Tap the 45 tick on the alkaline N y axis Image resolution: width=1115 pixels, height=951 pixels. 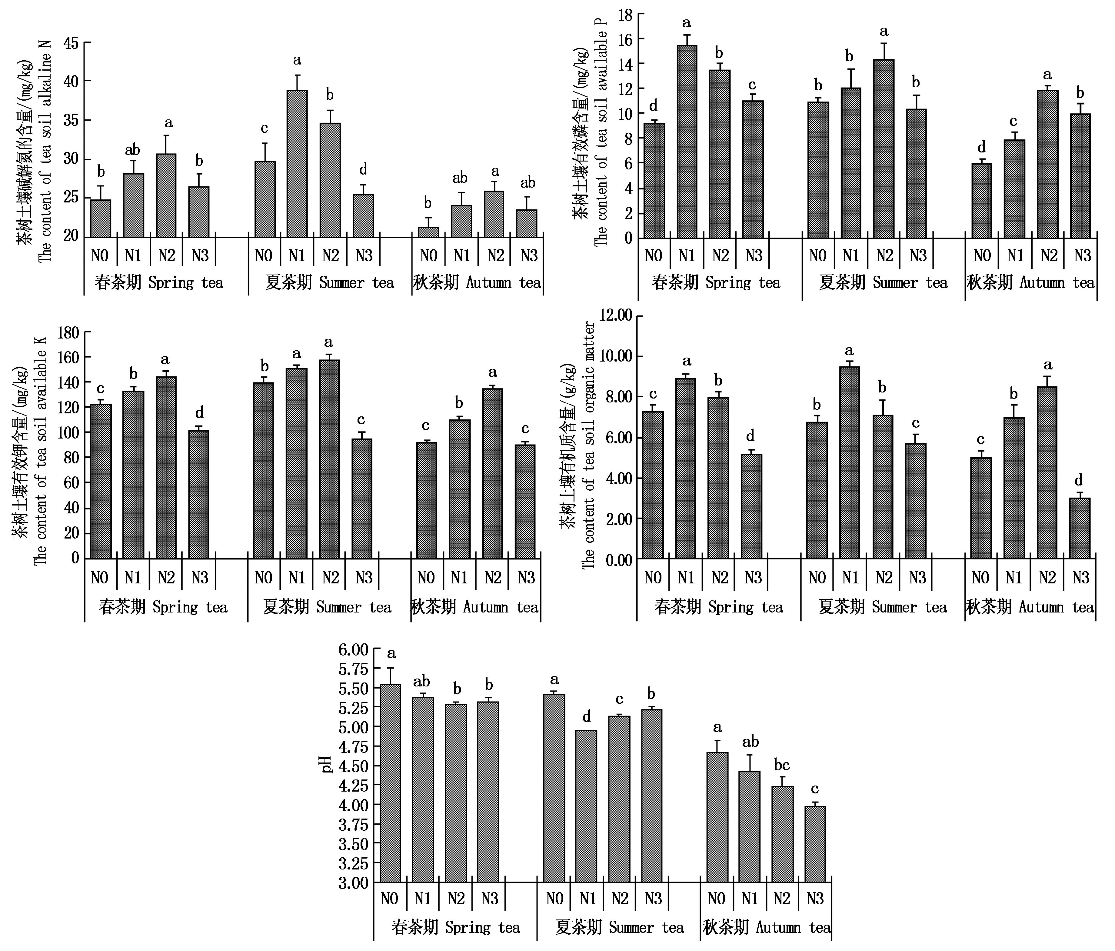pyautogui.click(x=71, y=43)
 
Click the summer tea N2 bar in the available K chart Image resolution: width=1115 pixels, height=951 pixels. pyautogui.click(x=329, y=459)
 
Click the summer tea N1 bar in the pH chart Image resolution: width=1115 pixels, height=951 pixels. pyautogui.click(x=586, y=806)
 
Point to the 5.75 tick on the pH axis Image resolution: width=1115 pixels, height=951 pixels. pyautogui.click(x=354, y=669)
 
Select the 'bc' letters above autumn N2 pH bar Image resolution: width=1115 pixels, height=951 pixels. pyautogui.click(x=782, y=765)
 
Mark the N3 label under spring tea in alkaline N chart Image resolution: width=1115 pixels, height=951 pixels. pyautogui.click(x=200, y=255)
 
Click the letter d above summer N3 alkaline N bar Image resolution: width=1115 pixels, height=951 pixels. pyautogui.click(x=363, y=170)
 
